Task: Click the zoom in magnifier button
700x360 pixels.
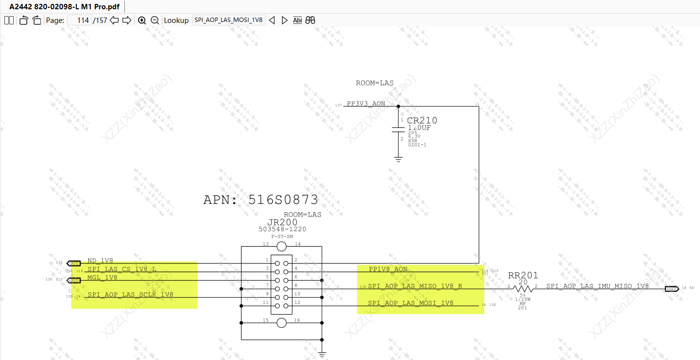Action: [x=142, y=20]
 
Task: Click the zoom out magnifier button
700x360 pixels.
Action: [x=155, y=20]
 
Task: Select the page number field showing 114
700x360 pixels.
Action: [x=79, y=20]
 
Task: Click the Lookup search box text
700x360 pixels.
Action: [x=228, y=20]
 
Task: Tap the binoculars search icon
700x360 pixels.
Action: [x=310, y=20]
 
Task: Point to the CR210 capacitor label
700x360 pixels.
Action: [x=422, y=120]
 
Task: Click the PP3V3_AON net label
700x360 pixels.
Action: [x=366, y=104]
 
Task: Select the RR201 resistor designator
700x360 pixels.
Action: [x=523, y=276]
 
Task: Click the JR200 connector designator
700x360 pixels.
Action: [x=282, y=222]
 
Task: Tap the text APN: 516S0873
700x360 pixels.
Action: [x=260, y=200]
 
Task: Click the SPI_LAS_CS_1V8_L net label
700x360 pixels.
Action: [x=122, y=269]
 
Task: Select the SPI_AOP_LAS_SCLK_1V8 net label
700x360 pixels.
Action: [x=130, y=295]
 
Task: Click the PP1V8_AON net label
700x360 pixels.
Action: [x=388, y=269]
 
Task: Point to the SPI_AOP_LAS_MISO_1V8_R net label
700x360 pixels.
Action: [x=415, y=286]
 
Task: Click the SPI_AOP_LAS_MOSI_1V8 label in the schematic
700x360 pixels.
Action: [x=410, y=303]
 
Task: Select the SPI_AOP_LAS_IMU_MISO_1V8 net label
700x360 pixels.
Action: [x=598, y=286]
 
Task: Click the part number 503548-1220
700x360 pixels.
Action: [x=282, y=229]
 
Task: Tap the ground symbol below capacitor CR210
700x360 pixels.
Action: [x=399, y=159]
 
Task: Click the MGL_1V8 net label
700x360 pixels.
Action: [x=102, y=278]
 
